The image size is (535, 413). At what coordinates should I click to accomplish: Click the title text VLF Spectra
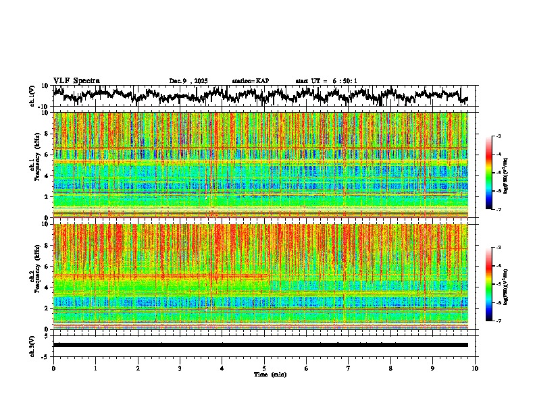click(x=76, y=80)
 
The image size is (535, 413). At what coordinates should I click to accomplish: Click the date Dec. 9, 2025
click(x=190, y=81)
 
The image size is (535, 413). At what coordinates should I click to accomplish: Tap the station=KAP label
click(x=250, y=81)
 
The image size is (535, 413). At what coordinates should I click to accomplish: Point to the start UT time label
click(x=326, y=81)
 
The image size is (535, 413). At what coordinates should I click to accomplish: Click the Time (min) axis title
click(x=270, y=374)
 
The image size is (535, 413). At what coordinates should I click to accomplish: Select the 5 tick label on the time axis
click(x=264, y=368)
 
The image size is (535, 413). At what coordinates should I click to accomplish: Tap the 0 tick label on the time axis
click(x=53, y=368)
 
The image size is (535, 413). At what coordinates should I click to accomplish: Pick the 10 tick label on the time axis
click(x=475, y=368)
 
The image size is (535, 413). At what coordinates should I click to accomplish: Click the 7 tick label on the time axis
click(x=349, y=368)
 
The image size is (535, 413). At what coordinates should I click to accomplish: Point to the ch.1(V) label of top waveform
click(x=32, y=96)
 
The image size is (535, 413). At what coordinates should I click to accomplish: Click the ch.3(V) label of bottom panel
click(x=32, y=345)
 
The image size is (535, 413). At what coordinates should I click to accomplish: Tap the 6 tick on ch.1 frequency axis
click(x=46, y=155)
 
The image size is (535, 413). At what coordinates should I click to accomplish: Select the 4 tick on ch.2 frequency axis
click(x=46, y=287)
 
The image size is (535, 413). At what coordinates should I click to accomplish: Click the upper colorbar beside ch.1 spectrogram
click(x=489, y=173)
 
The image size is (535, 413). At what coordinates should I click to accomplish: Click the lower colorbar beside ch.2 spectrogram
click(x=489, y=284)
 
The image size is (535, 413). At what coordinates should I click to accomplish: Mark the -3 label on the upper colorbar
click(x=497, y=137)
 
